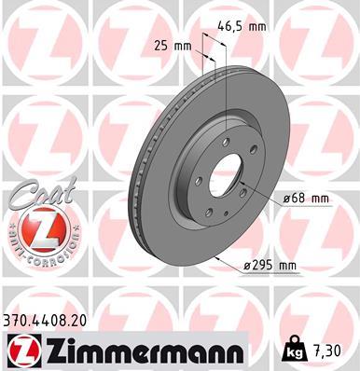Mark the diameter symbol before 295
(242, 265)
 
